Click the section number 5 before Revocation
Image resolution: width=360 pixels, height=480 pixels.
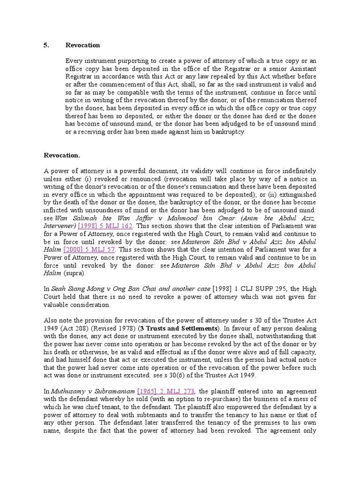click(x=46, y=45)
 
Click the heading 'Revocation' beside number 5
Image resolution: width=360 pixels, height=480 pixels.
click(x=83, y=45)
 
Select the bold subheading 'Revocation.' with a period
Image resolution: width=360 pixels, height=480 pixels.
click(x=62, y=155)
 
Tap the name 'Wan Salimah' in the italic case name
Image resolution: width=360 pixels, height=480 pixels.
click(x=72, y=218)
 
